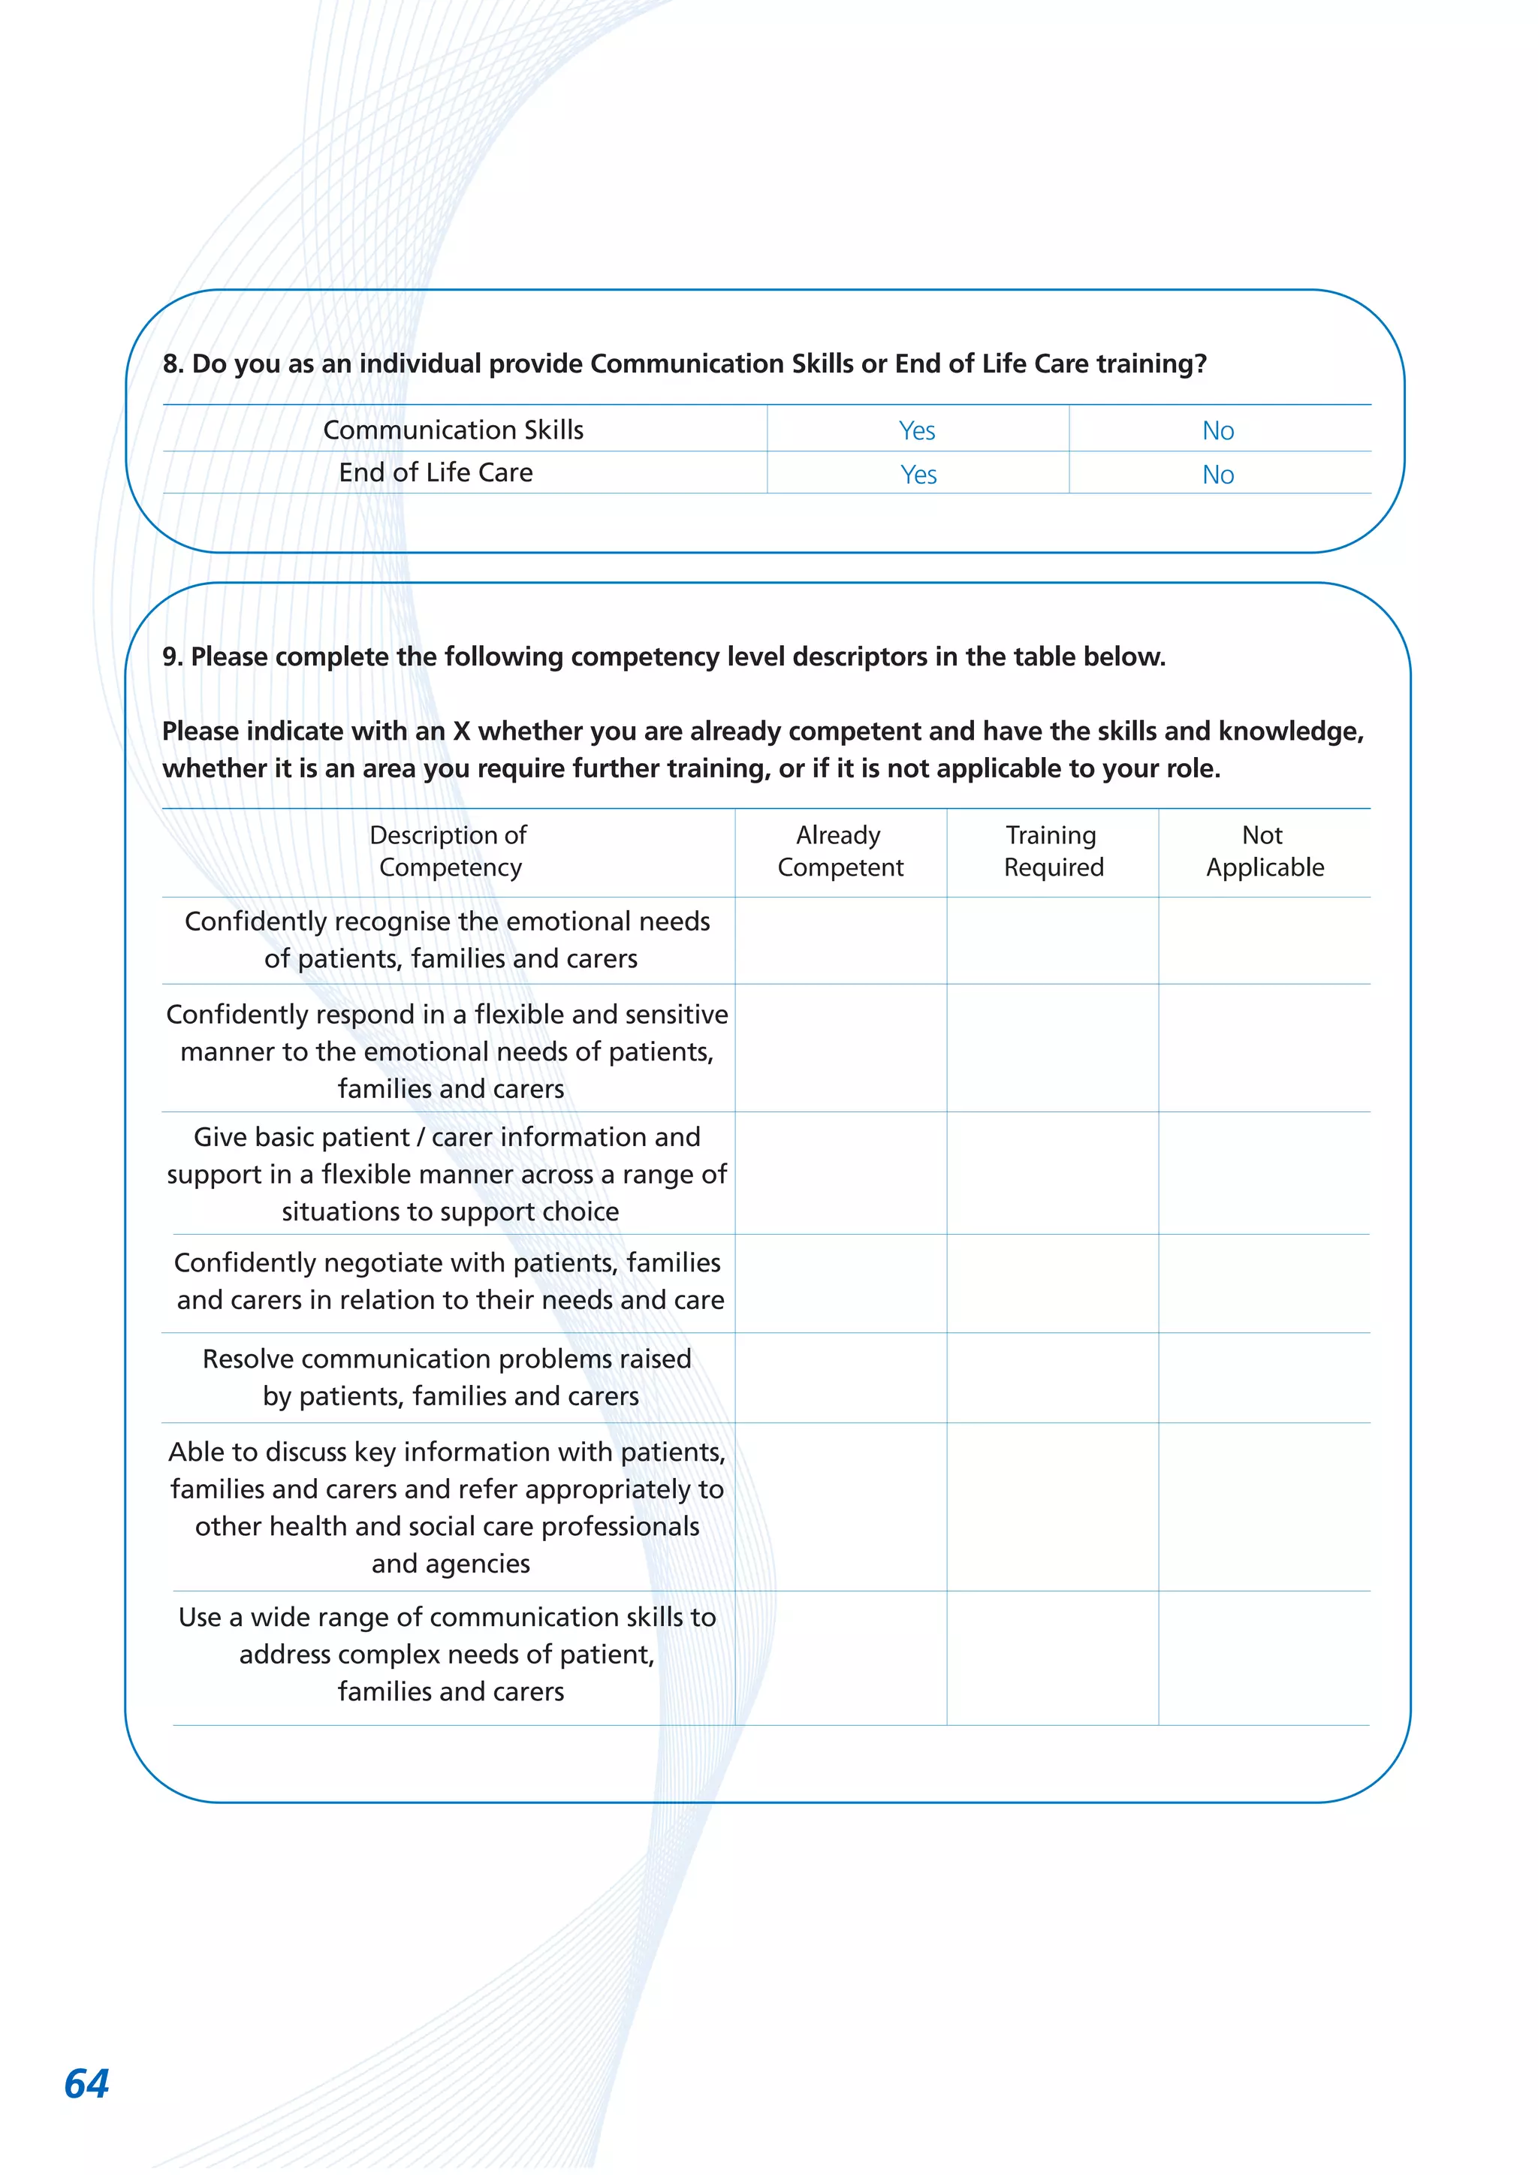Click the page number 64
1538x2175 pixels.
pyautogui.click(x=86, y=2083)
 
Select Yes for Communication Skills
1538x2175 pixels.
pyautogui.click(x=917, y=430)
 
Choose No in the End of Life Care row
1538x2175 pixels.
pyautogui.click(x=1218, y=474)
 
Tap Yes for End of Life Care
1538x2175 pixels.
pyautogui.click(x=918, y=474)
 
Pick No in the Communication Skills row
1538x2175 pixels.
pyautogui.click(x=1218, y=430)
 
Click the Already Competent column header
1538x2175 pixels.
pyautogui.click(x=840, y=851)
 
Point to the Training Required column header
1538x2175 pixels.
pyautogui.click(x=1053, y=851)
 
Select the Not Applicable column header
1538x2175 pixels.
pyautogui.click(x=1265, y=851)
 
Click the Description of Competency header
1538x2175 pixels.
pyautogui.click(x=449, y=851)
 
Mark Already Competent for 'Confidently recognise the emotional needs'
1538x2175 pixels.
pyautogui.click(x=840, y=940)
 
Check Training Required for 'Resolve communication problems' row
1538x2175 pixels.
pyautogui.click(x=1053, y=1377)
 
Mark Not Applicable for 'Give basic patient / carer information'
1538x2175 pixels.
pyautogui.click(x=1265, y=1173)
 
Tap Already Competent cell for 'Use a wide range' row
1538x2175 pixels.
pyautogui.click(x=840, y=1657)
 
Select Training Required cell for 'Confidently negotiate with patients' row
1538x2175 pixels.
pyautogui.click(x=1053, y=1283)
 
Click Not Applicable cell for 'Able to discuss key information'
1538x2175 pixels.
pyautogui.click(x=1265, y=1507)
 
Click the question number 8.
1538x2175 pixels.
pyautogui.click(x=171, y=364)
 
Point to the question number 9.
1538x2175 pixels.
pyautogui.click(x=171, y=656)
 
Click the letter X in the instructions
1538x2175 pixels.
pyautogui.click(x=461, y=732)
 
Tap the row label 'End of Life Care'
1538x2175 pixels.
pyautogui.click(x=436, y=472)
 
